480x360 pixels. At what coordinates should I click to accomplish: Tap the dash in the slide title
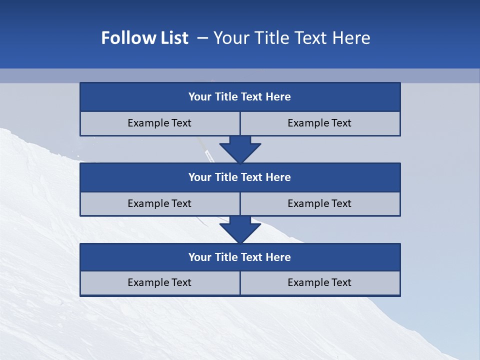(x=202, y=38)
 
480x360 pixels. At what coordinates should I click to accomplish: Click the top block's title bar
(x=240, y=97)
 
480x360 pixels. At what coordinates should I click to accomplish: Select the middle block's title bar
(x=240, y=177)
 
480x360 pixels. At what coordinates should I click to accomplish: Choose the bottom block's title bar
(x=240, y=257)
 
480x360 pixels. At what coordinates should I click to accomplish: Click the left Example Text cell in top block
(x=160, y=123)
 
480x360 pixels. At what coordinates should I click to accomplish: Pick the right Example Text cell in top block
(x=320, y=123)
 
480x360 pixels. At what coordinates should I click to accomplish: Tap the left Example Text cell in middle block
(x=160, y=204)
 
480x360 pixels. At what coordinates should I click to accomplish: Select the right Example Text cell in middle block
(x=320, y=204)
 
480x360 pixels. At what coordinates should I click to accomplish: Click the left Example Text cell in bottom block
(x=160, y=283)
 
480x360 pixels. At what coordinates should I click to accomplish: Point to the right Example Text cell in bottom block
(x=320, y=283)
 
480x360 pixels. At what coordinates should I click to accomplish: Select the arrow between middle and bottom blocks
(x=240, y=229)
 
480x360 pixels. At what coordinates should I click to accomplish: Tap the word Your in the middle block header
(x=200, y=177)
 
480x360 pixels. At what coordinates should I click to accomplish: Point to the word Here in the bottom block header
(x=278, y=257)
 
